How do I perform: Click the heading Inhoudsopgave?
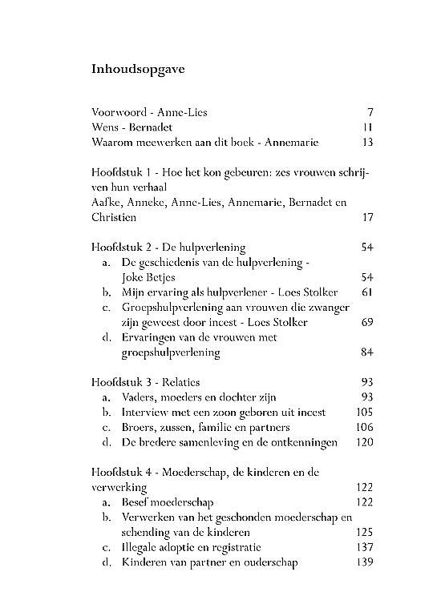coord(139,69)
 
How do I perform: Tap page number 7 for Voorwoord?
coord(370,112)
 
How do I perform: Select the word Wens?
coord(105,127)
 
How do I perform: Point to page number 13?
coord(367,143)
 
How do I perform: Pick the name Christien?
coord(114,217)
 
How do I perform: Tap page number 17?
coord(367,217)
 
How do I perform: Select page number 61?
coord(367,292)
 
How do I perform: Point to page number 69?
coord(367,322)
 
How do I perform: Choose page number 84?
coord(367,352)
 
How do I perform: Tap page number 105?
coord(364,412)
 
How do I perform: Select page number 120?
coord(364,441)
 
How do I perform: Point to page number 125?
coord(364,532)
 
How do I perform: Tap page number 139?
coord(364,562)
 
